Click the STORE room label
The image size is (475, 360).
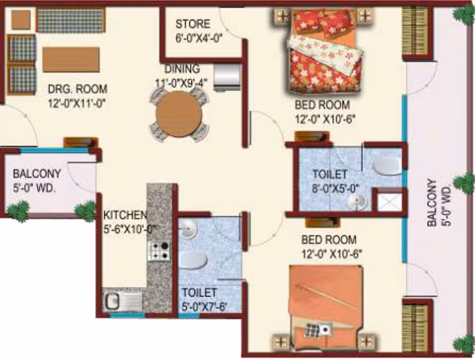(193, 24)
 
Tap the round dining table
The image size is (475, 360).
(179, 114)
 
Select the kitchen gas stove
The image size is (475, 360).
(159, 251)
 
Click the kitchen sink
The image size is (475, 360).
(123, 301)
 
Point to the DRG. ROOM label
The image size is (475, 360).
(78, 89)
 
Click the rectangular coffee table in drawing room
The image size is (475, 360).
(71, 59)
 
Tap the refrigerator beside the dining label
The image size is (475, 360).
(228, 77)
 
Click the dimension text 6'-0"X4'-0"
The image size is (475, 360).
(199, 38)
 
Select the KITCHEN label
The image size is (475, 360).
(125, 215)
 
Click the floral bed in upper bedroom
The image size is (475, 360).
(324, 52)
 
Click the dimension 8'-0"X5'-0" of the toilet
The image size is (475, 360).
(336, 188)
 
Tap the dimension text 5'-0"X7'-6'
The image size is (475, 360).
(204, 307)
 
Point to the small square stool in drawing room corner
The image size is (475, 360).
(21, 20)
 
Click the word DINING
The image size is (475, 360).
(182, 68)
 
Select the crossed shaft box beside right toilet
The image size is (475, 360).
(389, 201)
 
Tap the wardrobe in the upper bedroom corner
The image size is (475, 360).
(415, 32)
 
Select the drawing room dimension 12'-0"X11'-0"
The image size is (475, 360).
(77, 104)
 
